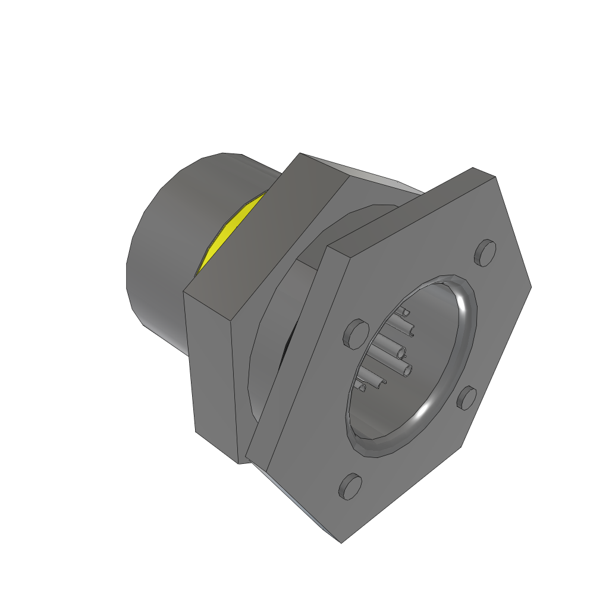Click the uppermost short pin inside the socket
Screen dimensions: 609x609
406,311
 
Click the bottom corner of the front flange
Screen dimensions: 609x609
341,541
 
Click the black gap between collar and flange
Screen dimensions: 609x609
288,345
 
